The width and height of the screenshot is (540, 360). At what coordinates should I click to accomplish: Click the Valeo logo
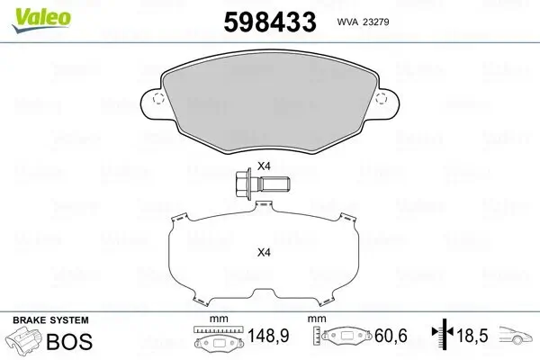point(41,20)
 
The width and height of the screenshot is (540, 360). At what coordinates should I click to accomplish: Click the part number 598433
point(270,22)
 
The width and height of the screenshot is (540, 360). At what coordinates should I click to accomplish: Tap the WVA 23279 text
point(363,22)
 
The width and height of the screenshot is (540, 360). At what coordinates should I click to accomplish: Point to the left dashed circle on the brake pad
point(158,98)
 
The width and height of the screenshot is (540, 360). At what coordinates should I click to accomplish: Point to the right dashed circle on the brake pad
point(381,98)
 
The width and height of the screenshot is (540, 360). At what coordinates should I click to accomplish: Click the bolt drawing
point(263,183)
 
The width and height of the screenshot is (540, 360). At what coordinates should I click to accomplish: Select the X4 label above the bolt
point(264,166)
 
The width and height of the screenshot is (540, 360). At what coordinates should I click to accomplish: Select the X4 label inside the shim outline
point(264,253)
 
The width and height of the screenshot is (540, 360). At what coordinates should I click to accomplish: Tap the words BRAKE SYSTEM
point(50,320)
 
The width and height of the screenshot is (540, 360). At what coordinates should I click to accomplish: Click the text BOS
point(69,341)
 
